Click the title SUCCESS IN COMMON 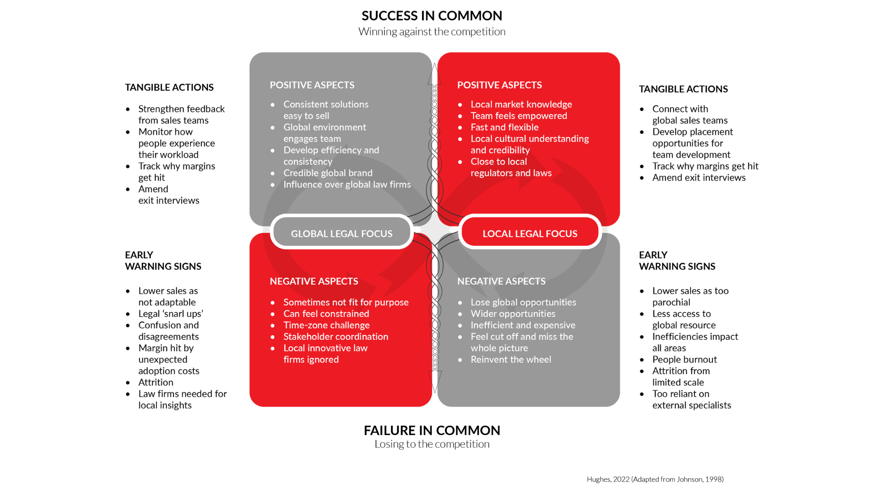[432, 16]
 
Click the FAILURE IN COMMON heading [432, 430]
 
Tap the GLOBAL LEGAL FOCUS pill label [342, 234]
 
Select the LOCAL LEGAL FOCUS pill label [530, 234]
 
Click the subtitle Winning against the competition [432, 32]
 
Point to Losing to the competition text [432, 444]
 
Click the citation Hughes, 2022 [655, 479]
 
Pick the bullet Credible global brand [328, 173]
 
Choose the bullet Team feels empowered [519, 116]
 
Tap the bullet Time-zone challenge [326, 325]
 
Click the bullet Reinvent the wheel [511, 360]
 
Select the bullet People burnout [684, 360]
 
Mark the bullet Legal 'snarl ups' [171, 314]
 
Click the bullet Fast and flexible [505, 127]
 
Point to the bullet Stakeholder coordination [336, 337]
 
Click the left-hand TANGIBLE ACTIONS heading [169, 87]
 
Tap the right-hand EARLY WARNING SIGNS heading [677, 261]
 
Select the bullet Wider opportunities [513, 314]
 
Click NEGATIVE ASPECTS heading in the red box [314, 281]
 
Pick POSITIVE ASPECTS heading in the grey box [312, 85]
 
